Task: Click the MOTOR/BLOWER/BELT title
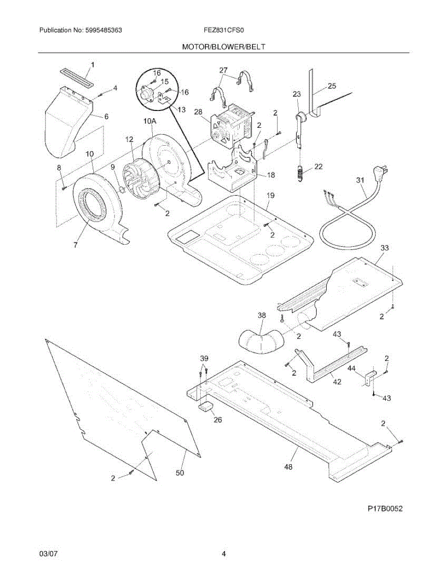click(x=223, y=47)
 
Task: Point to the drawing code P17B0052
click(x=384, y=508)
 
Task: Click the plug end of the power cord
click(x=381, y=171)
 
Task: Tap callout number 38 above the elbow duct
click(x=261, y=315)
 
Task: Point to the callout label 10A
click(x=149, y=122)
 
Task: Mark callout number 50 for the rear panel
click(x=179, y=473)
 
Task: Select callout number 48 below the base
click(x=289, y=467)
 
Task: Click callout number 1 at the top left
click(x=93, y=64)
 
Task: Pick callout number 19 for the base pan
click(x=270, y=195)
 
